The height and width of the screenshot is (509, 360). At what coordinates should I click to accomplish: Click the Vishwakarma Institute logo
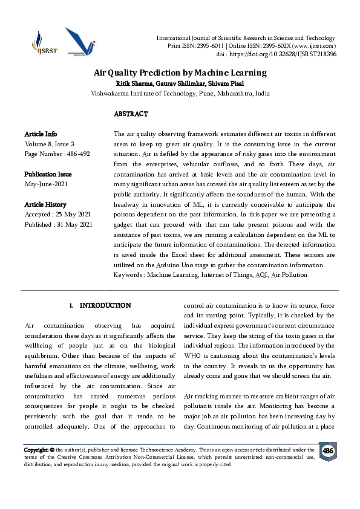click(80, 43)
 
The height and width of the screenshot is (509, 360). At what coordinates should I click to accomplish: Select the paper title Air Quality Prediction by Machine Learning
click(180, 73)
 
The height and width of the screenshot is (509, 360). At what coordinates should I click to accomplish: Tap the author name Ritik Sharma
click(134, 83)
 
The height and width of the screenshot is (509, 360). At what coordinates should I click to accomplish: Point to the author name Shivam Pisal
click(226, 83)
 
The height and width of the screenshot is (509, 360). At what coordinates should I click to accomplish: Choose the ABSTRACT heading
click(131, 114)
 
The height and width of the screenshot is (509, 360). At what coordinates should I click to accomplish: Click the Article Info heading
click(41, 134)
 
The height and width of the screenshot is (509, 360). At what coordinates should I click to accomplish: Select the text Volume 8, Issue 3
click(50, 144)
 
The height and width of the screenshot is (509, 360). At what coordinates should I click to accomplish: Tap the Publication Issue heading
click(49, 174)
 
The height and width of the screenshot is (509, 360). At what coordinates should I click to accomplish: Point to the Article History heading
click(45, 205)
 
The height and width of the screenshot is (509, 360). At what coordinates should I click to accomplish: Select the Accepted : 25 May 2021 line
click(58, 215)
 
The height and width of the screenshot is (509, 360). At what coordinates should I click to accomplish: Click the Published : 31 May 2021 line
click(58, 225)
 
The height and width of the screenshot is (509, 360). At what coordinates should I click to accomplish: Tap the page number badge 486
click(327, 452)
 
